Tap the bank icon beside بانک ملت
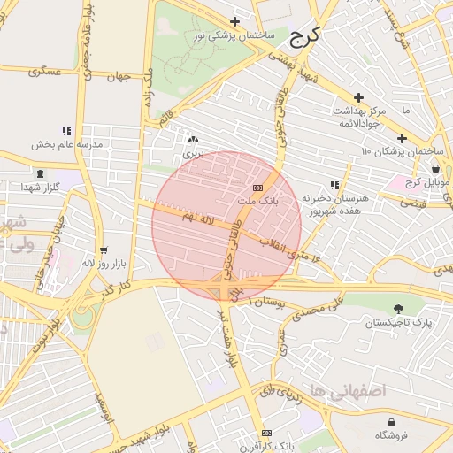257,188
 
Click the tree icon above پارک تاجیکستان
399,308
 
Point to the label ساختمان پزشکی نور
234,37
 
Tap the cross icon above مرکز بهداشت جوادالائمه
358,97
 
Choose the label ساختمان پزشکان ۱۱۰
403,153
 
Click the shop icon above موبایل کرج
435,168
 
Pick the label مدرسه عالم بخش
67,144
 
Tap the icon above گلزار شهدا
41,173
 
